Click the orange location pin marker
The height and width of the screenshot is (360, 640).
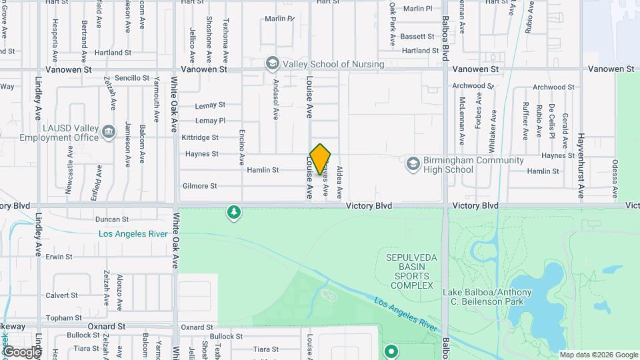pyautogui.click(x=321, y=159)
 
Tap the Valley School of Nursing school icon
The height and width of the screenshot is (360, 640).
pyautogui.click(x=272, y=64)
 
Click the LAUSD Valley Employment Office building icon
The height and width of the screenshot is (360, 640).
pyautogui.click(x=109, y=133)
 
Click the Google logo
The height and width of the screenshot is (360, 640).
pyautogui.click(x=22, y=352)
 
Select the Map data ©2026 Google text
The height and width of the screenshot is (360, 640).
pyautogui.click(x=599, y=355)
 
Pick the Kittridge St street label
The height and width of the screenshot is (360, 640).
pyautogui.click(x=200, y=137)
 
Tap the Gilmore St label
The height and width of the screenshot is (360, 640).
pyautogui.click(x=199, y=186)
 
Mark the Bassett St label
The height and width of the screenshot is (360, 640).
pyautogui.click(x=418, y=36)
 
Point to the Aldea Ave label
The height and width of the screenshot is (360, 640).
pyautogui.click(x=339, y=182)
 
